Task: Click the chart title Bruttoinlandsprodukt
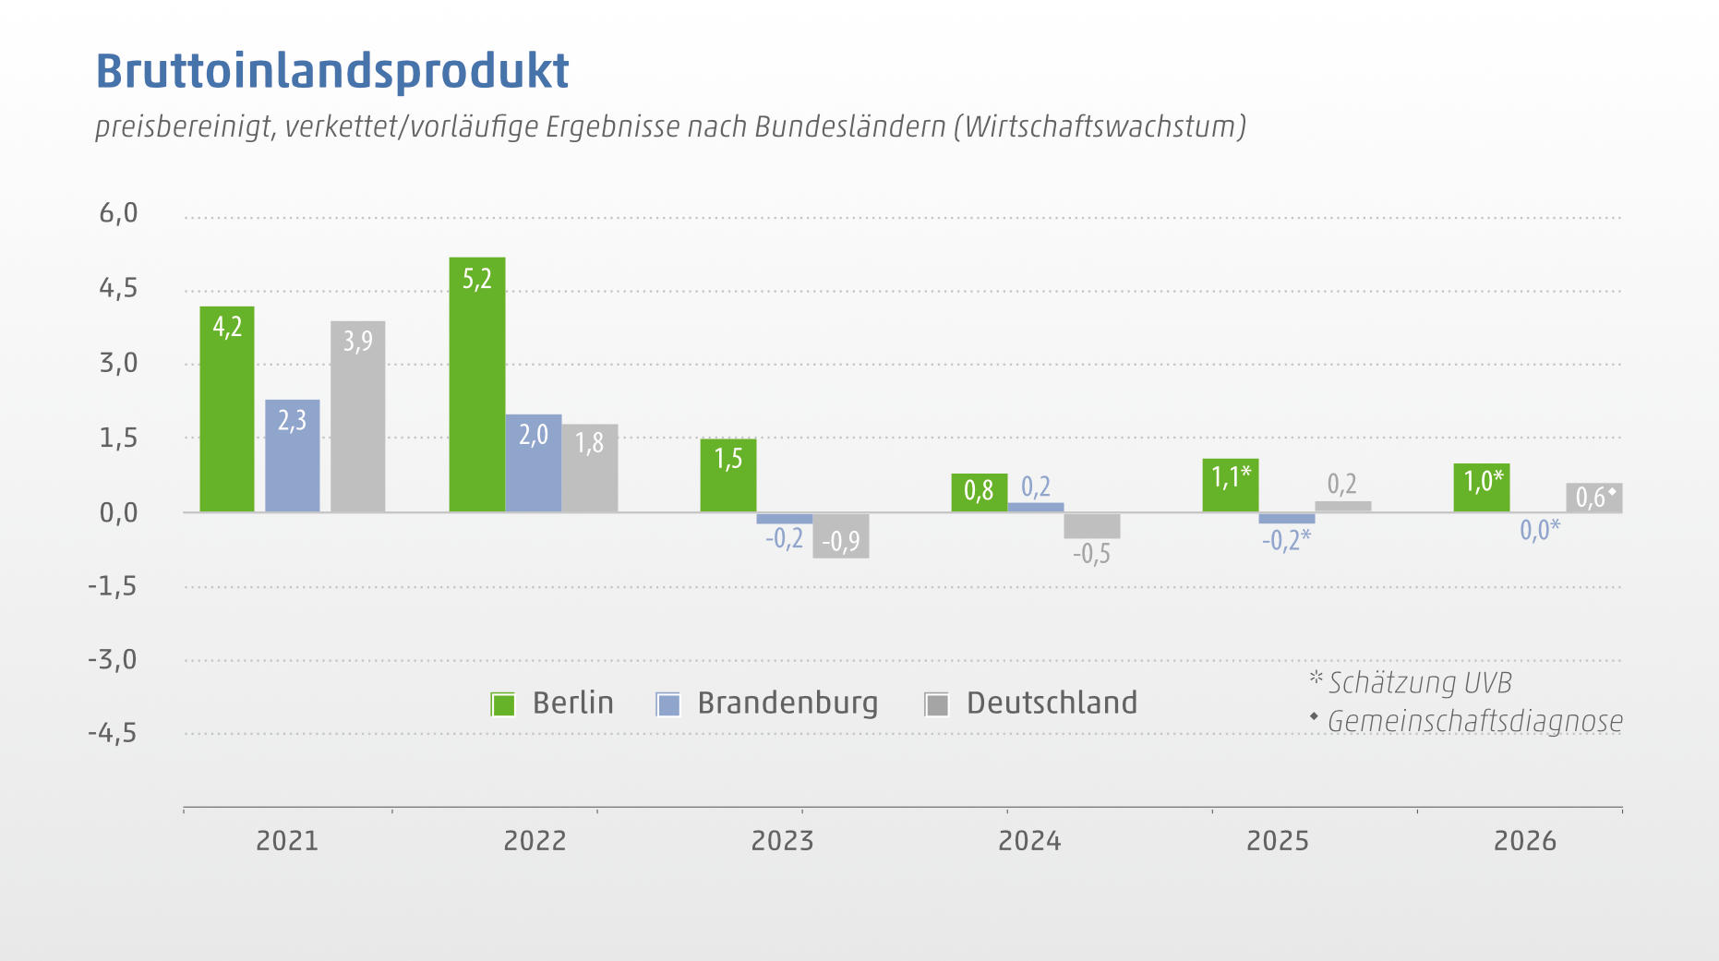pyautogui.click(x=332, y=71)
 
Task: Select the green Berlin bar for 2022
pyautogui.click(x=477, y=384)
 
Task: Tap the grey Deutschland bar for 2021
pyautogui.click(x=358, y=416)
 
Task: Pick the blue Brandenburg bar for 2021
pyautogui.click(x=293, y=455)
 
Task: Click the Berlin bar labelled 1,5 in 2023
pyautogui.click(x=728, y=475)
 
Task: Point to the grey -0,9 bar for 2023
pyautogui.click(x=841, y=535)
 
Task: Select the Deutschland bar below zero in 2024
pyautogui.click(x=1092, y=525)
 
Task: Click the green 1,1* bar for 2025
pyautogui.click(x=1231, y=486)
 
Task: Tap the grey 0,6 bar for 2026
pyautogui.click(x=1594, y=498)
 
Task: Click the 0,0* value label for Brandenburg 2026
pyautogui.click(x=1540, y=529)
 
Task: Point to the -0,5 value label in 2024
pyautogui.click(x=1091, y=554)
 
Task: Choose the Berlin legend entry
pyautogui.click(x=552, y=703)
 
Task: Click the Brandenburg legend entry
pyautogui.click(x=767, y=703)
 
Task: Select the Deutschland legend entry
pyautogui.click(x=1031, y=703)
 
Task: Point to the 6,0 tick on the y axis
pyautogui.click(x=118, y=213)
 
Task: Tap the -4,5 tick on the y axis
pyautogui.click(x=113, y=734)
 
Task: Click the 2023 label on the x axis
pyautogui.click(x=782, y=841)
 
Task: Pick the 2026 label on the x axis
pyautogui.click(x=1525, y=841)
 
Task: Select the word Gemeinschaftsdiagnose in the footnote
pyautogui.click(x=1475, y=721)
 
